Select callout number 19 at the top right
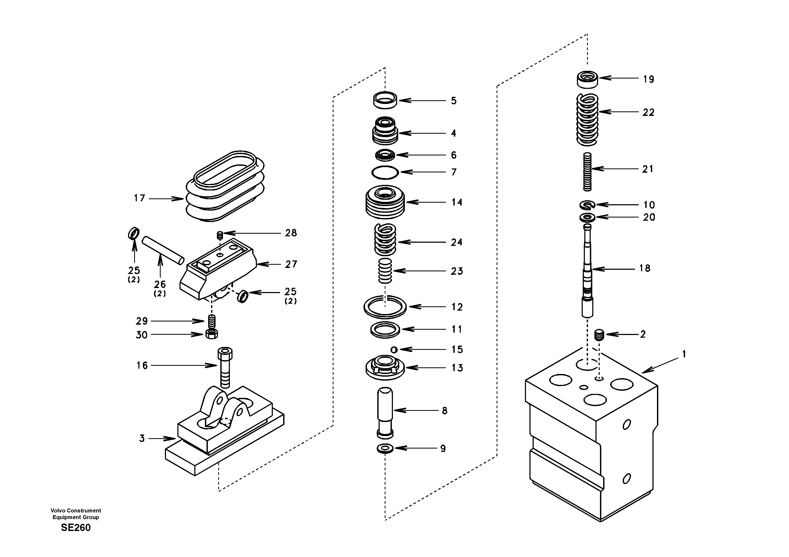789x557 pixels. pyautogui.click(x=648, y=79)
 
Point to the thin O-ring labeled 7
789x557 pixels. pyautogui.click(x=385, y=172)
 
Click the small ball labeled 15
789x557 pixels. pyautogui.click(x=394, y=350)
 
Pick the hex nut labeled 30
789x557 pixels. pyautogui.click(x=211, y=334)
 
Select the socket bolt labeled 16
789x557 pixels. pyautogui.click(x=225, y=367)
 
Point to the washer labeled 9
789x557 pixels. pyautogui.click(x=385, y=449)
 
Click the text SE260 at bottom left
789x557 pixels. pyautogui.click(x=76, y=528)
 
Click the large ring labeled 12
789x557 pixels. pyautogui.click(x=385, y=307)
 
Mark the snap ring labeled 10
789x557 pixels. pyautogui.click(x=587, y=205)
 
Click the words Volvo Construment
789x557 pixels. pyautogui.click(x=76, y=511)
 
